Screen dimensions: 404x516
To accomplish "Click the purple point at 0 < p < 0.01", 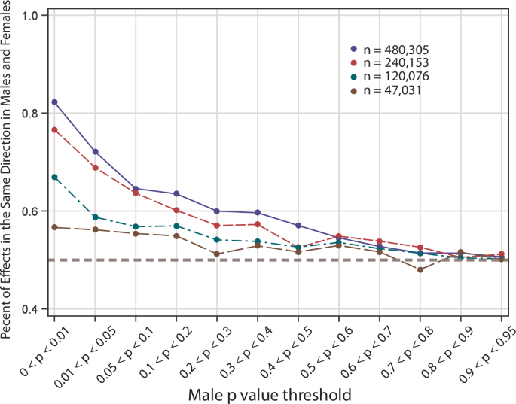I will (55, 102).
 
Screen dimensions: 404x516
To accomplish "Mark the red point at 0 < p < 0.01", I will (55, 129).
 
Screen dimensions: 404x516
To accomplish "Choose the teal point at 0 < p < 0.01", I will (55, 177).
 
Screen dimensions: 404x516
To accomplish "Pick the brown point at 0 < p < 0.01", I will (55, 227).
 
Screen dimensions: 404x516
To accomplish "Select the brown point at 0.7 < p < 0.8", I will (420, 269).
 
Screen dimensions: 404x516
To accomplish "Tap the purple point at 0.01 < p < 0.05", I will (96, 151).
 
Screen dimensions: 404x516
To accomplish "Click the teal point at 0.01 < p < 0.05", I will (96, 217).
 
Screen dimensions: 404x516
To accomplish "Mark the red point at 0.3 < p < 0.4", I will (258, 224).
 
